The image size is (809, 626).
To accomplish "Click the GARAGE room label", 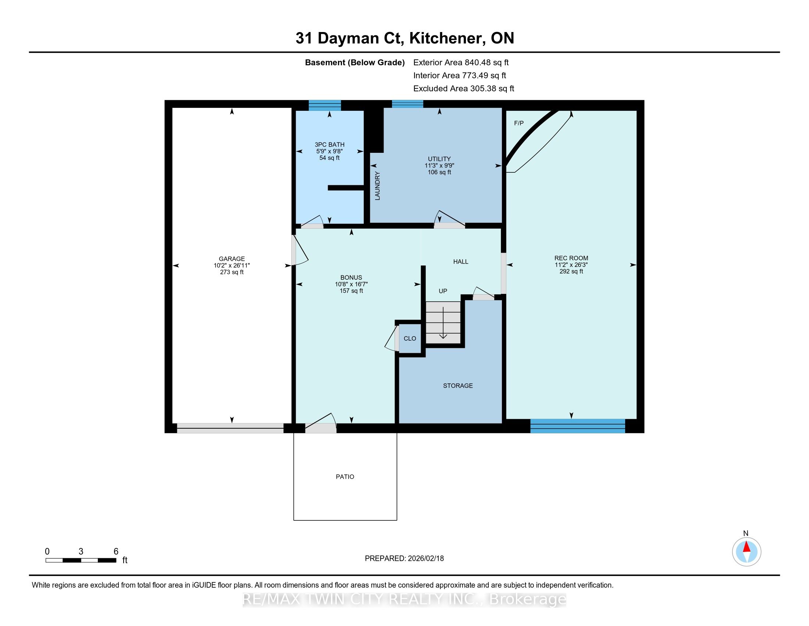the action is click(232, 259).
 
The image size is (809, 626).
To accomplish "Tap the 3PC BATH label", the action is click(329, 145).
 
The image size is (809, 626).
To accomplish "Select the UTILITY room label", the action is click(439, 159).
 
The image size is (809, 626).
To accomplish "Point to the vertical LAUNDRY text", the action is click(377, 186).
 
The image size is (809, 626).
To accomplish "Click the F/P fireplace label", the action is click(518, 123).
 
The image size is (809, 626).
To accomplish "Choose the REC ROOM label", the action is click(571, 258).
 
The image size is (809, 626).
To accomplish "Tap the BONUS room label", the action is click(351, 277).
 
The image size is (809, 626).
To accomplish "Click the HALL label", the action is click(461, 261).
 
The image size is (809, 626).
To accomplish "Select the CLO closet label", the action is click(410, 338).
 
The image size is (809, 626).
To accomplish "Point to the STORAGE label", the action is click(458, 386).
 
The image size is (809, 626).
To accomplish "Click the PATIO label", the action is click(345, 476).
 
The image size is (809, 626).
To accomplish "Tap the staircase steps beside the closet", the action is click(443, 323).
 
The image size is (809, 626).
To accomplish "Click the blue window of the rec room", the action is click(577, 426).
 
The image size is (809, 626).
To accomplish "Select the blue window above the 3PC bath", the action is click(325, 105).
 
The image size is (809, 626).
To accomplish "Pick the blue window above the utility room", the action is click(407, 104).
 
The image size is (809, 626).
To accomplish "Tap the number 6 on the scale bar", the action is click(116, 552).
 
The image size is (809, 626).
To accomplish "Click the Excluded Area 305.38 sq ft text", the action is click(464, 89).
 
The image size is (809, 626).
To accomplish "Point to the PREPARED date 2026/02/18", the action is click(425, 559).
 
